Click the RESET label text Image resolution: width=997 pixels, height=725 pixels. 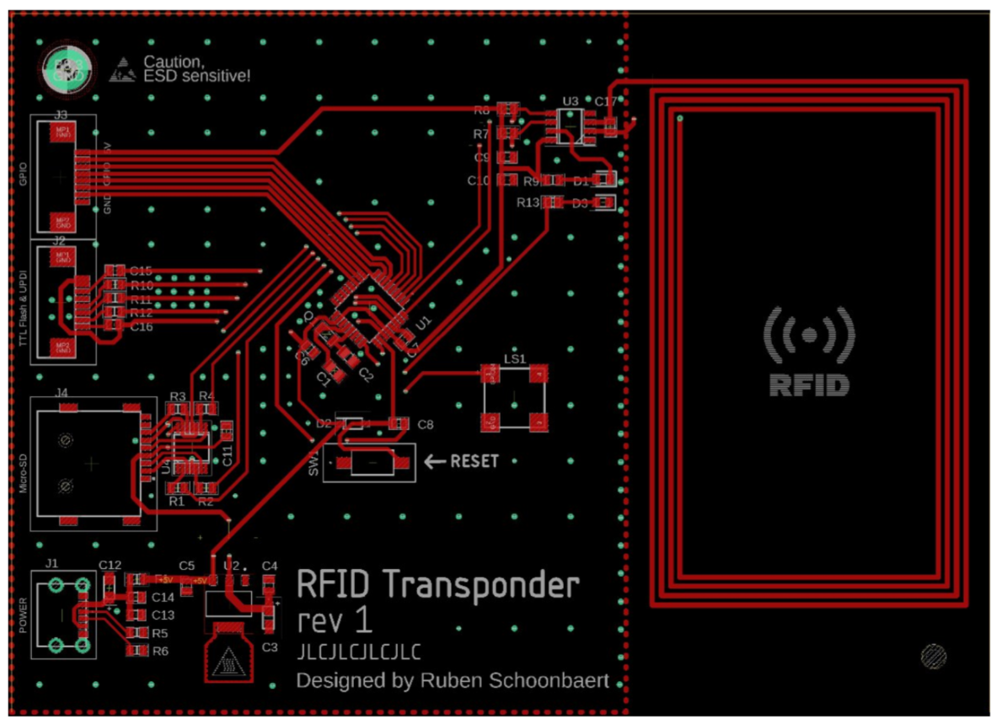474,461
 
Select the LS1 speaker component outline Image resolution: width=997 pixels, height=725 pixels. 514,396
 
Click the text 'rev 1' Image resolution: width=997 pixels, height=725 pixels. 335,621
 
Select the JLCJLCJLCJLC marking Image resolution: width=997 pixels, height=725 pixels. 358,652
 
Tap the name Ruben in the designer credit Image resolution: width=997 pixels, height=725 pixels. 458,680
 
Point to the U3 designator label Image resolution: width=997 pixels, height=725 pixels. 571,101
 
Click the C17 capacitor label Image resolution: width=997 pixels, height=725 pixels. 606,101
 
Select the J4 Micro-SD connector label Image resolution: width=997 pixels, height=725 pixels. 62,391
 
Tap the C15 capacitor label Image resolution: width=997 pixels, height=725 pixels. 141,271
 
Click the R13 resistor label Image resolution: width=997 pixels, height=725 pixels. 528,203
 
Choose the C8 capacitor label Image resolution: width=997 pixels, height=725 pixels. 426,425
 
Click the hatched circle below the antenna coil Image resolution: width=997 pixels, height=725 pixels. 935,656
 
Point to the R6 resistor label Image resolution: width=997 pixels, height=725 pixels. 160,651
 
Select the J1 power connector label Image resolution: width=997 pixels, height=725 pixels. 52,562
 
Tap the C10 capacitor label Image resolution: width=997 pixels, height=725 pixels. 479,180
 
